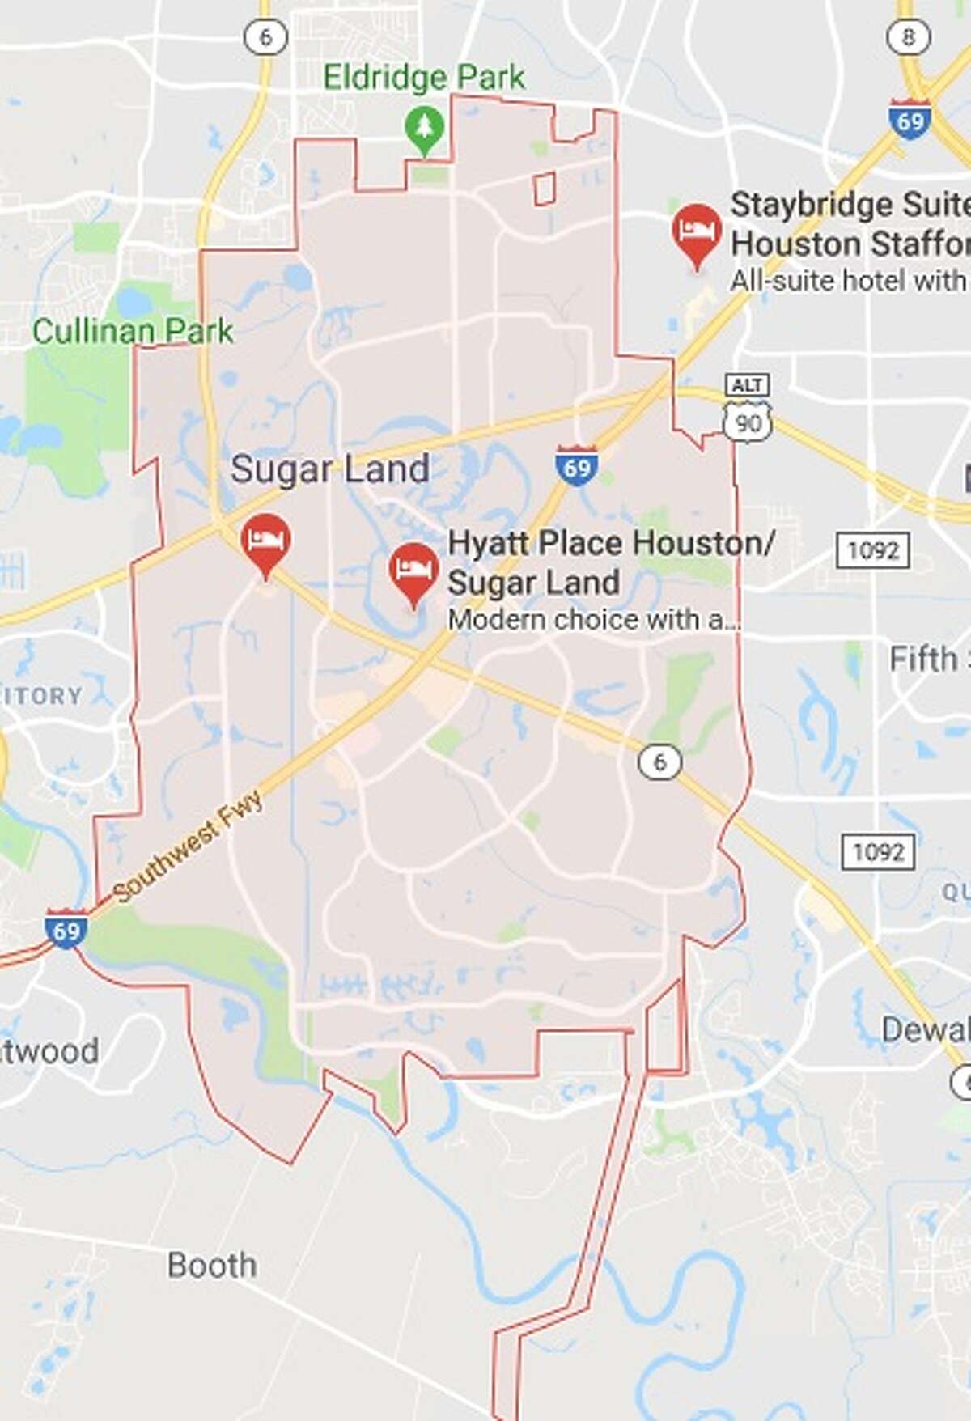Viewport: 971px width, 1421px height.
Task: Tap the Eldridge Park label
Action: [424, 78]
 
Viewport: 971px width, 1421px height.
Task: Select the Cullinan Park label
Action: [133, 331]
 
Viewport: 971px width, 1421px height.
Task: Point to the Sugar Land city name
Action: [330, 469]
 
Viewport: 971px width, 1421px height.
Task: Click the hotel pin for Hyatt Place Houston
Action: [414, 571]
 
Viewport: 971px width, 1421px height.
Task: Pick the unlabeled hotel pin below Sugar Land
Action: [266, 541]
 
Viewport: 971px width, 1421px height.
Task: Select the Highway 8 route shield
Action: [909, 36]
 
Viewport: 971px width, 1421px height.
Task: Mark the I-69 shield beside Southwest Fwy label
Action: [66, 930]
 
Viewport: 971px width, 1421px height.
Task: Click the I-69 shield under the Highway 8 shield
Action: [910, 120]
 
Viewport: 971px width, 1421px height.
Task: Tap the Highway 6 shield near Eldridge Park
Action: [266, 36]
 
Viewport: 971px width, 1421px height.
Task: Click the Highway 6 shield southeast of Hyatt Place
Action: [659, 761]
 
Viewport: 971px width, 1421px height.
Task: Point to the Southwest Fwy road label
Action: [189, 846]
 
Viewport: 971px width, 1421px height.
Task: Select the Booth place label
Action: [212, 1265]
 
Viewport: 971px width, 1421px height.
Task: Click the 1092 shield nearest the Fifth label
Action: [873, 551]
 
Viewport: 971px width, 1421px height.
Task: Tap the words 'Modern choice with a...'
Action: [594, 620]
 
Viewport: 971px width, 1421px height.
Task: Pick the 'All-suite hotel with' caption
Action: [848, 281]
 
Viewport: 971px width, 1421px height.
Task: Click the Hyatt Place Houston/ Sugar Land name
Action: [611, 562]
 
